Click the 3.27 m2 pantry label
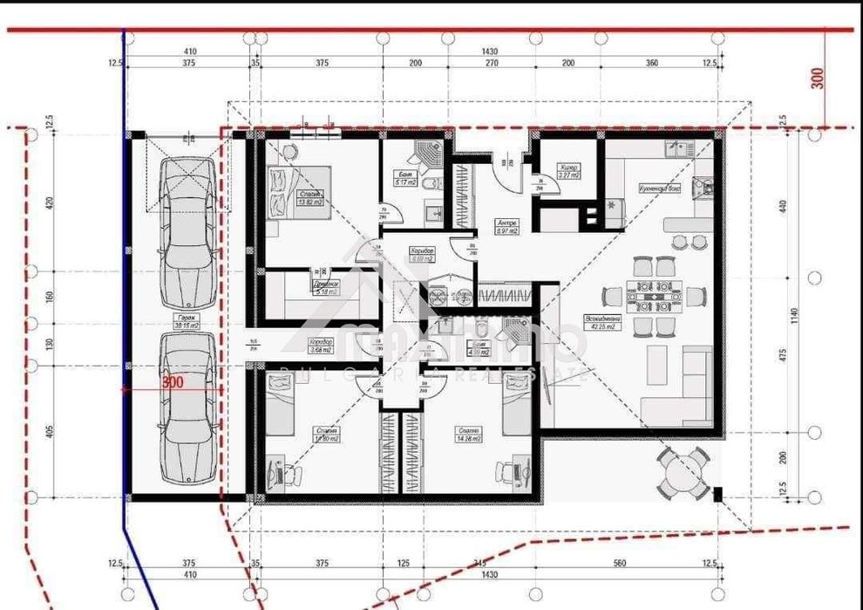[x=568, y=171]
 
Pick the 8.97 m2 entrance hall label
[x=507, y=227]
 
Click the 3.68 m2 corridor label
[x=321, y=346]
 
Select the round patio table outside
[x=683, y=475]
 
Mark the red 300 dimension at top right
[x=817, y=77]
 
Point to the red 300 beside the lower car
[x=172, y=382]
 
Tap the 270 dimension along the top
[x=490, y=64]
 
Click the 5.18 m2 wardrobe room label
[x=324, y=288]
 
